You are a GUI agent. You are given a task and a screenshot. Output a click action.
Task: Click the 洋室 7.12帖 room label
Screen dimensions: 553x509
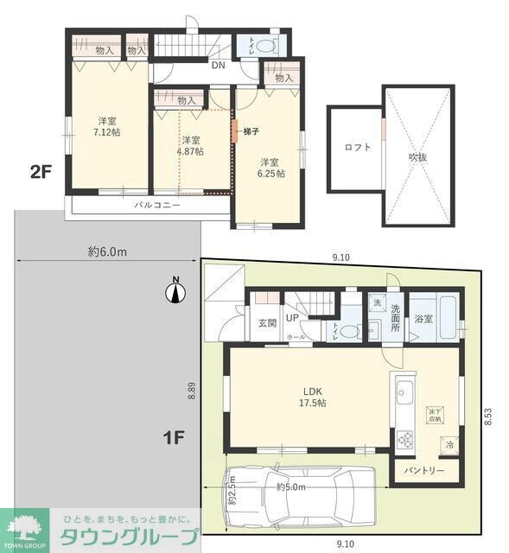click(x=107, y=126)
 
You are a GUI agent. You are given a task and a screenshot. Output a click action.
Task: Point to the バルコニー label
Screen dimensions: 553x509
click(x=156, y=206)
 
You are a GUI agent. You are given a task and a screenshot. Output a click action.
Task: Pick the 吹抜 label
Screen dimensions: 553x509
click(x=418, y=156)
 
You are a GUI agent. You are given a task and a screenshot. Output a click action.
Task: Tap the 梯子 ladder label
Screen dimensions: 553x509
click(x=251, y=130)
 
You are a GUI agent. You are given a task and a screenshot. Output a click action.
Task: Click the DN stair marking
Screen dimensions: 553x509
click(x=218, y=64)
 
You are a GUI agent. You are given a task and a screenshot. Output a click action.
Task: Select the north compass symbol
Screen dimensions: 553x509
click(x=175, y=293)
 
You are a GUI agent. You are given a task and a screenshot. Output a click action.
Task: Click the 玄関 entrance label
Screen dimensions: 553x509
click(x=266, y=323)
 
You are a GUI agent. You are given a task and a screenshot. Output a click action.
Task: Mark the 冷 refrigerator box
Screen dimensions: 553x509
click(x=449, y=444)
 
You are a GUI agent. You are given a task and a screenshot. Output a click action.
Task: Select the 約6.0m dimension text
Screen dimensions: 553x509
click(x=107, y=251)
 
